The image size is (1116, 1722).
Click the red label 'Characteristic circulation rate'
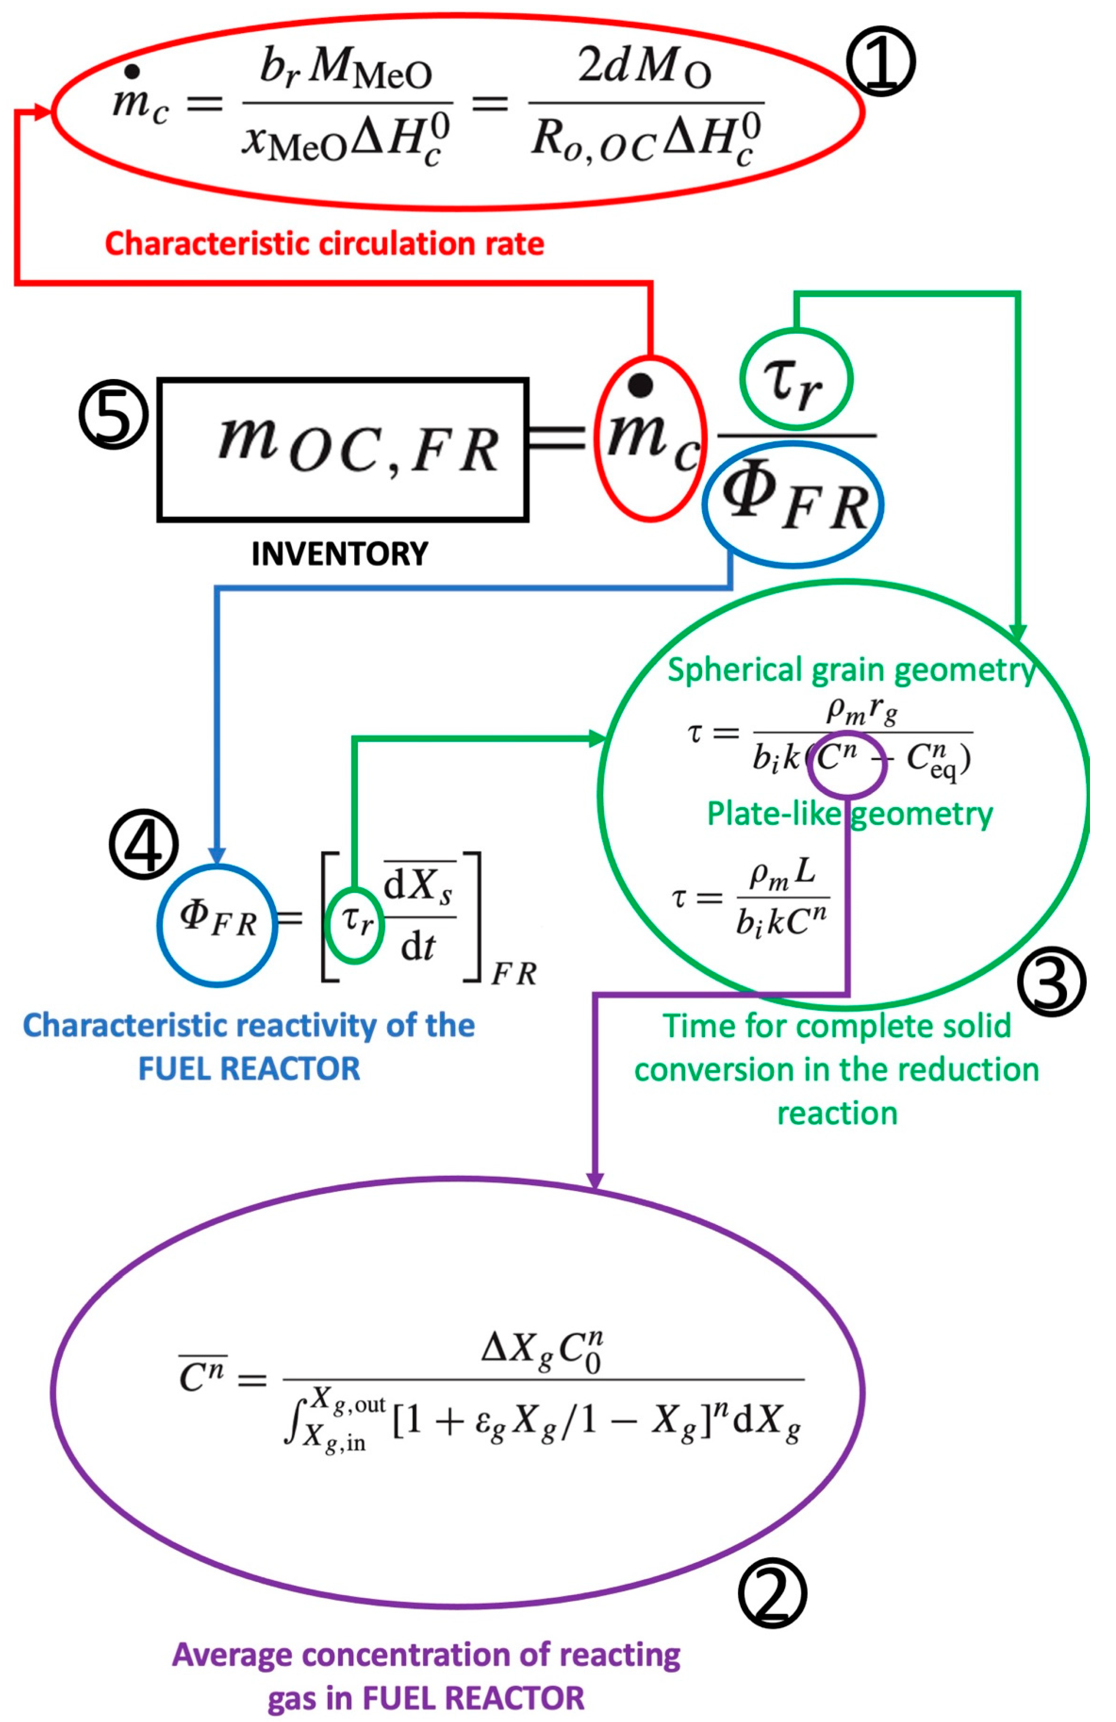click(324, 244)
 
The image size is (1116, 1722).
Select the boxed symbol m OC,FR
click(342, 449)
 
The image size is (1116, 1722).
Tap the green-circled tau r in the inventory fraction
click(795, 379)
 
